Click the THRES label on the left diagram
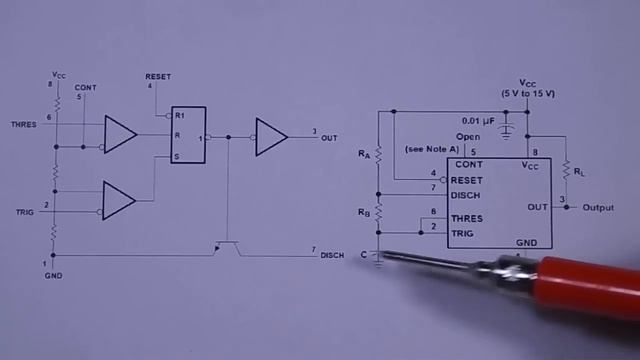pos(23,124)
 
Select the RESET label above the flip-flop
pos(157,77)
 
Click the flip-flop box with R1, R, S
pos(188,135)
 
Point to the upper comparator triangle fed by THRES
pos(120,135)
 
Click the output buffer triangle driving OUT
pos(270,137)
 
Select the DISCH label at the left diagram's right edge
pos(332,256)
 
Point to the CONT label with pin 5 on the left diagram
pos(86,87)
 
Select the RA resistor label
pos(364,155)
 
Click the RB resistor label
pos(364,213)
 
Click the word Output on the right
pos(598,208)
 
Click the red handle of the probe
pos(584,285)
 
